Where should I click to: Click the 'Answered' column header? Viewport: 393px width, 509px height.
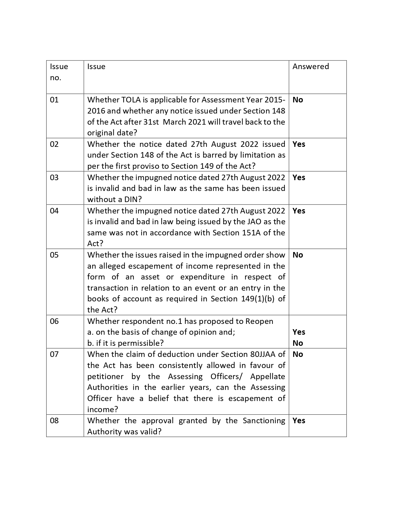coord(310,67)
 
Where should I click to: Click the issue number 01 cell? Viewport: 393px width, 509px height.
coord(54,100)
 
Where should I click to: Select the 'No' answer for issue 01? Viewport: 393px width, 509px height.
coord(298,100)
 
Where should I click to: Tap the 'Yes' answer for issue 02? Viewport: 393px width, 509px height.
coord(299,144)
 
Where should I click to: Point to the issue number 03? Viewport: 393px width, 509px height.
coord(54,178)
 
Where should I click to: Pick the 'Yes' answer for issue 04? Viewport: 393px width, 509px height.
coord(299,211)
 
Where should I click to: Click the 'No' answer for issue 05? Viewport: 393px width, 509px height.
coord(298,255)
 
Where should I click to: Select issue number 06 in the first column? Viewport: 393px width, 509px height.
coord(54,321)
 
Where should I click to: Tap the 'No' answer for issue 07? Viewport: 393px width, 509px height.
coord(298,354)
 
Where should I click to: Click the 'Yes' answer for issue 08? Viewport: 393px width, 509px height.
coord(299,421)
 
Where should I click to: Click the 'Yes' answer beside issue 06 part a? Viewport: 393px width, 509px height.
coord(299,332)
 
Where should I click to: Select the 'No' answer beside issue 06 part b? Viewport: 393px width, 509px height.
coord(298,343)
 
